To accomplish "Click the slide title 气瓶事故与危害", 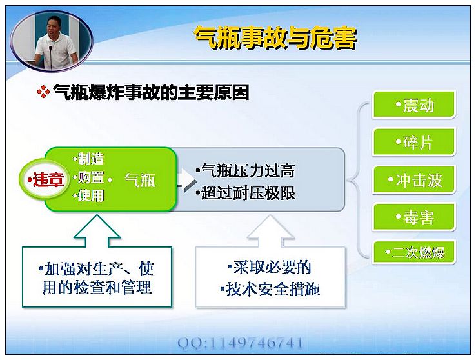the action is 275,38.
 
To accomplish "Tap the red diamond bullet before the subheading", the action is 43,92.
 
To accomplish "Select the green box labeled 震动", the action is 414,105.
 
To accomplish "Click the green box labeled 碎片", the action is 414,142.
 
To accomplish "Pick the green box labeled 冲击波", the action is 414,180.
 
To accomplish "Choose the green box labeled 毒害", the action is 414,217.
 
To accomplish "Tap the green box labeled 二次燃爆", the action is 414,252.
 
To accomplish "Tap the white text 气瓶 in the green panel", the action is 140,180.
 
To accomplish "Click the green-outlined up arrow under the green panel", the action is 97,230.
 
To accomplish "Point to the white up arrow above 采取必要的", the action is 270,230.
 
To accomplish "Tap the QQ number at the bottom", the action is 240,343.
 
